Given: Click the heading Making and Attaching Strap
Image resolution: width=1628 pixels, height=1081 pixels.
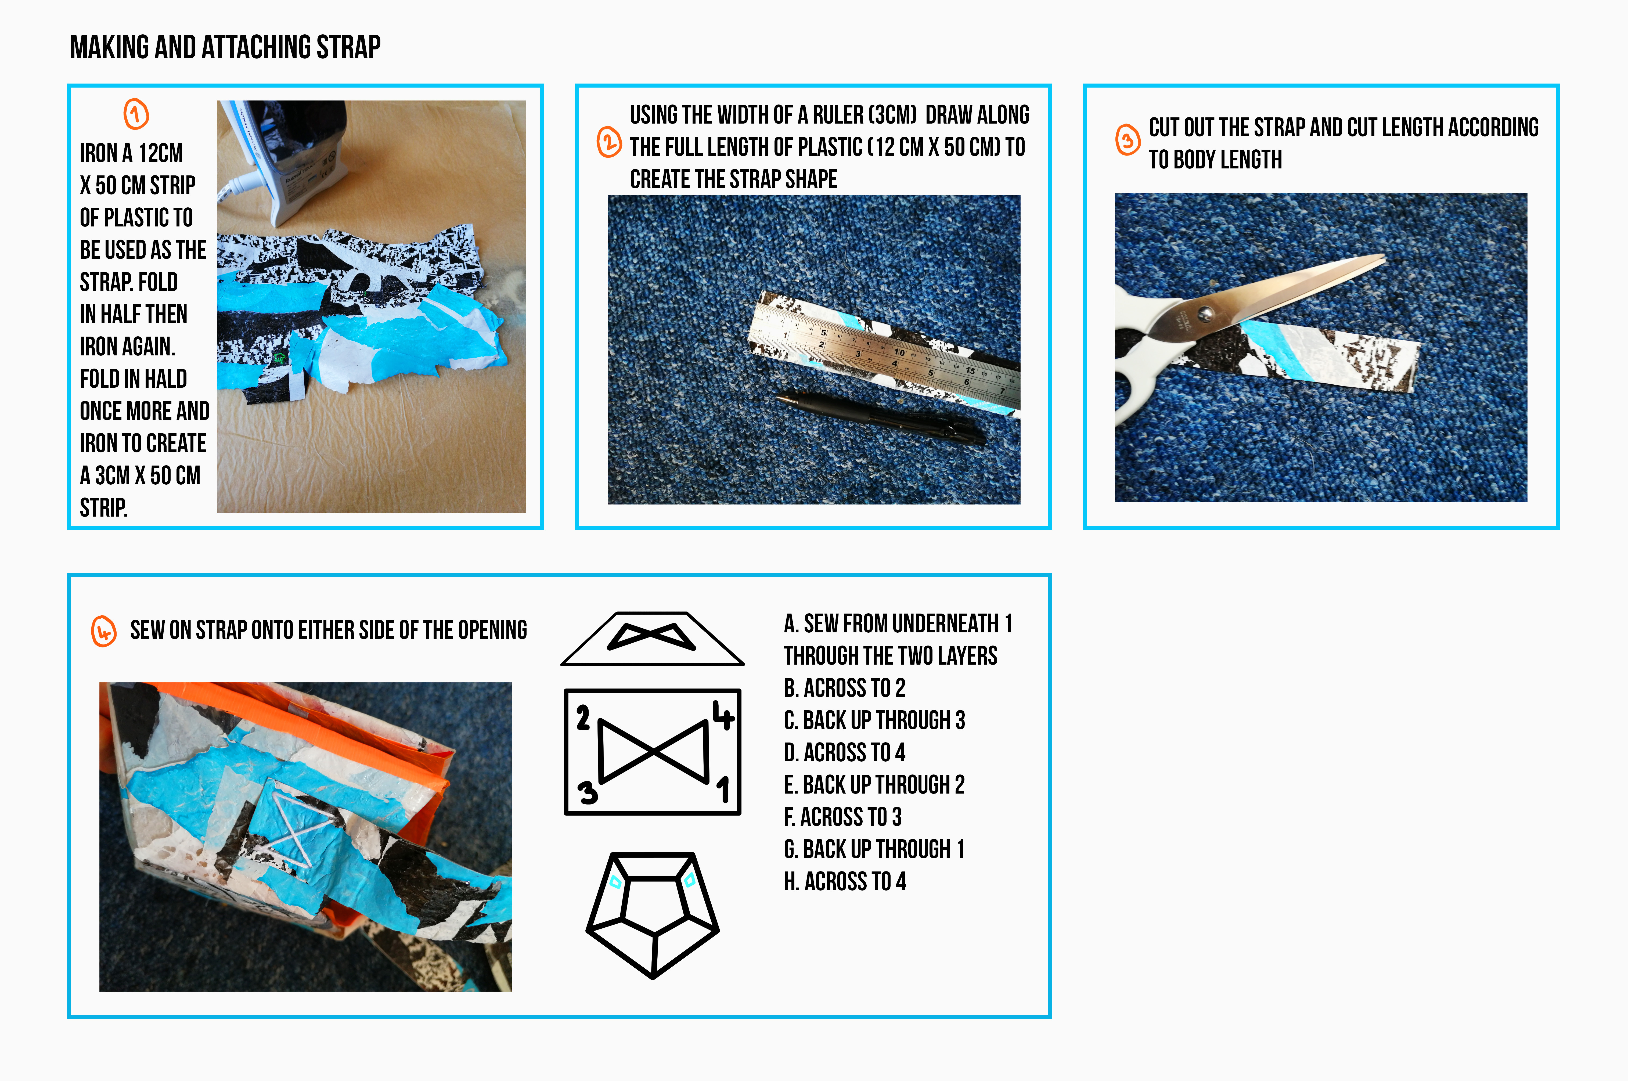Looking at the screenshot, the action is tap(225, 47).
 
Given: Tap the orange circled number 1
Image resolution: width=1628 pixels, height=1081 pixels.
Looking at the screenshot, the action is tap(136, 114).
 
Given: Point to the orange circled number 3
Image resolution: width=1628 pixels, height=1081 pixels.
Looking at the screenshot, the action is tap(1128, 140).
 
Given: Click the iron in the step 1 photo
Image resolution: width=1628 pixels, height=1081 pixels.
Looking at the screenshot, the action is tap(283, 158).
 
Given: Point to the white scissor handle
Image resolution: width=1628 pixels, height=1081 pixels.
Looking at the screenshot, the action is tap(1137, 358).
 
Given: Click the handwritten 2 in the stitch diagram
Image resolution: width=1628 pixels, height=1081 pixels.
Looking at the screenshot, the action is tap(583, 718).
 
